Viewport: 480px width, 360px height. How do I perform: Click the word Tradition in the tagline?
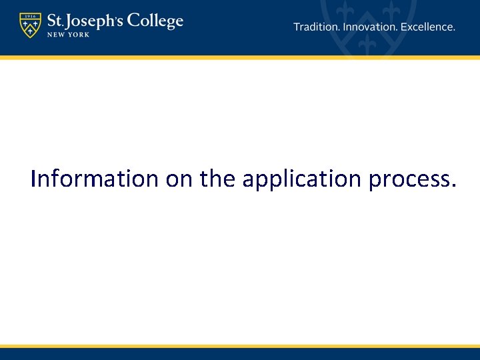316,27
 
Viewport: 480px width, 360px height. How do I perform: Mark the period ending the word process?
453,187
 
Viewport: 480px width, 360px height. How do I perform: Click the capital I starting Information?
34,179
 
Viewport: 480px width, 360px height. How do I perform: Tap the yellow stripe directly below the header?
240,58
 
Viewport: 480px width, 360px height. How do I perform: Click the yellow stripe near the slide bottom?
240,347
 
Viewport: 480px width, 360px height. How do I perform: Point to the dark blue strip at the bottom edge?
240,355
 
